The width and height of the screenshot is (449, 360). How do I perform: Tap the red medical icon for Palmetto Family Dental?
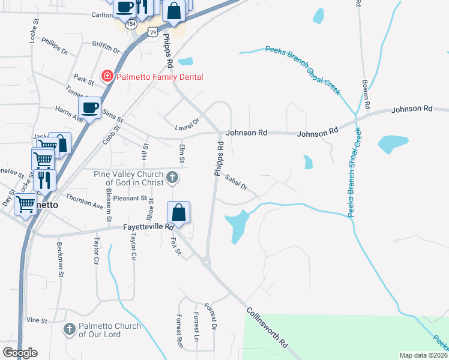(107, 76)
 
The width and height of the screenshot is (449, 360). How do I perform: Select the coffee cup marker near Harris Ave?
(89, 108)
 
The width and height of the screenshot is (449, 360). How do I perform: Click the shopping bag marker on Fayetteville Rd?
(179, 212)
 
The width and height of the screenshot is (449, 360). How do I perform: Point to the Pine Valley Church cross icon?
(172, 177)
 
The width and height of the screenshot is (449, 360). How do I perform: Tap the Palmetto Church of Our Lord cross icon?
(70, 329)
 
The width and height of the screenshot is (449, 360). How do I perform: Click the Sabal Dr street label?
(237, 182)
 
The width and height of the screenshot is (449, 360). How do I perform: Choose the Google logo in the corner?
(20, 353)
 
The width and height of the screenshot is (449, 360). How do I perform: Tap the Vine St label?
(37, 320)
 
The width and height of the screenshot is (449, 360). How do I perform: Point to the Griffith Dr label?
(106, 47)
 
